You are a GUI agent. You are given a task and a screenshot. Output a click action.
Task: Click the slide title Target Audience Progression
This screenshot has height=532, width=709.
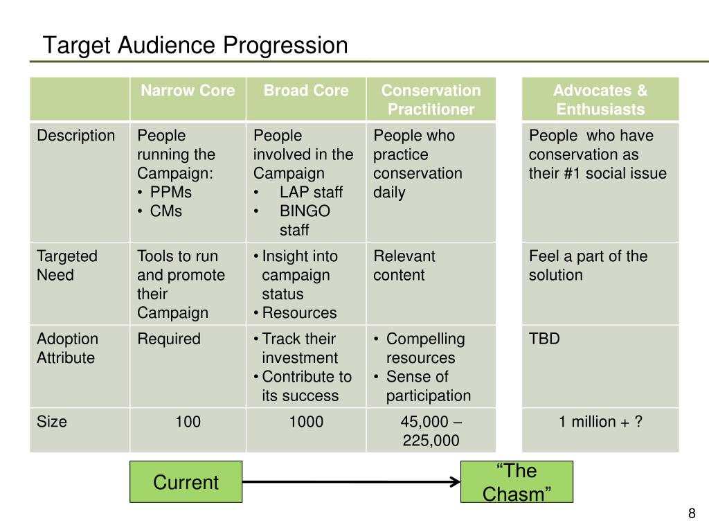click(195, 46)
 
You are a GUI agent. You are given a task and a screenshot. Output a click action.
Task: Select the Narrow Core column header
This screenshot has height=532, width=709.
click(188, 91)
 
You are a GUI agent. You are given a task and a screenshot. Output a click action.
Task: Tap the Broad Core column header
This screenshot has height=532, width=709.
click(306, 91)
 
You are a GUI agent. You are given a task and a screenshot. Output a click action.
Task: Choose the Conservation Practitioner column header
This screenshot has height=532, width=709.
click(431, 100)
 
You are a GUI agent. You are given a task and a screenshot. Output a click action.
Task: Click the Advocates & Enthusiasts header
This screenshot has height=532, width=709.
click(600, 100)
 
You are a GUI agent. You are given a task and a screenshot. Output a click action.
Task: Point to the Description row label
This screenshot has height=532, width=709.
click(76, 136)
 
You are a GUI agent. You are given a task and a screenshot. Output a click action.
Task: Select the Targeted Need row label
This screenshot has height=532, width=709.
click(67, 265)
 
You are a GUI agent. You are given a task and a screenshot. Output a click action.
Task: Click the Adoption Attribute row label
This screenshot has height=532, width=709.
click(67, 348)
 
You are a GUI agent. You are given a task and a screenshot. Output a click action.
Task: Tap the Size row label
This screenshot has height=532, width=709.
click(52, 421)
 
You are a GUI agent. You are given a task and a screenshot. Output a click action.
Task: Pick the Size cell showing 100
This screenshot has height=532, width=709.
click(188, 421)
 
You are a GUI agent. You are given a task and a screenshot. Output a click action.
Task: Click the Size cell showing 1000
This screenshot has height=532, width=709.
click(306, 421)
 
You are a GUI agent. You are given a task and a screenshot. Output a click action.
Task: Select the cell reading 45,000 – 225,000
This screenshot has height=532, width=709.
click(431, 431)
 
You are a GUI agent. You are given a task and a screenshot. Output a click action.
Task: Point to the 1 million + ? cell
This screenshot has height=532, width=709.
click(600, 421)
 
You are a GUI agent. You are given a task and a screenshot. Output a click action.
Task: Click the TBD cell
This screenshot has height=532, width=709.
click(545, 339)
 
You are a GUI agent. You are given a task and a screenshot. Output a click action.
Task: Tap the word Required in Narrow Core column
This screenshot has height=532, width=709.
click(169, 339)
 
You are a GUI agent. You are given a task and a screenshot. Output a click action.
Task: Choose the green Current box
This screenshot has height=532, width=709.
click(186, 482)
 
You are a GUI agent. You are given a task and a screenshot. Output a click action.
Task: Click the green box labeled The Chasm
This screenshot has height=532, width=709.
click(517, 482)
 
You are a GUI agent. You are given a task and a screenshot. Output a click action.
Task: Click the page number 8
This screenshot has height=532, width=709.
click(691, 513)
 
